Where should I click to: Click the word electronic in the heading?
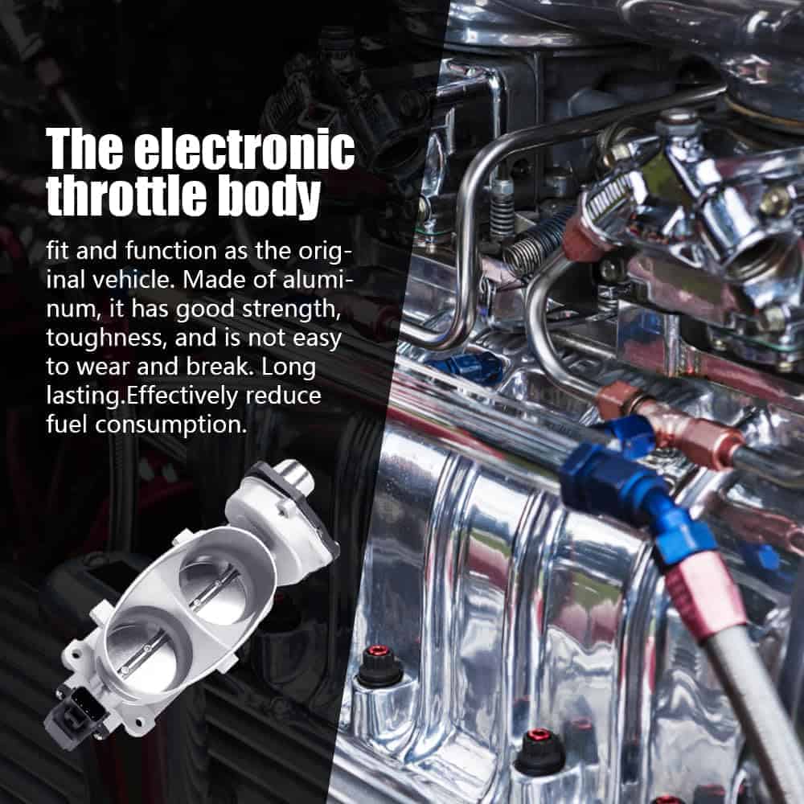[244, 149]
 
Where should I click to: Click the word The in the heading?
[84, 149]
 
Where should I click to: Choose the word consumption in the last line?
[170, 425]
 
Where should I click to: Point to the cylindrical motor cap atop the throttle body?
[293, 475]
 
